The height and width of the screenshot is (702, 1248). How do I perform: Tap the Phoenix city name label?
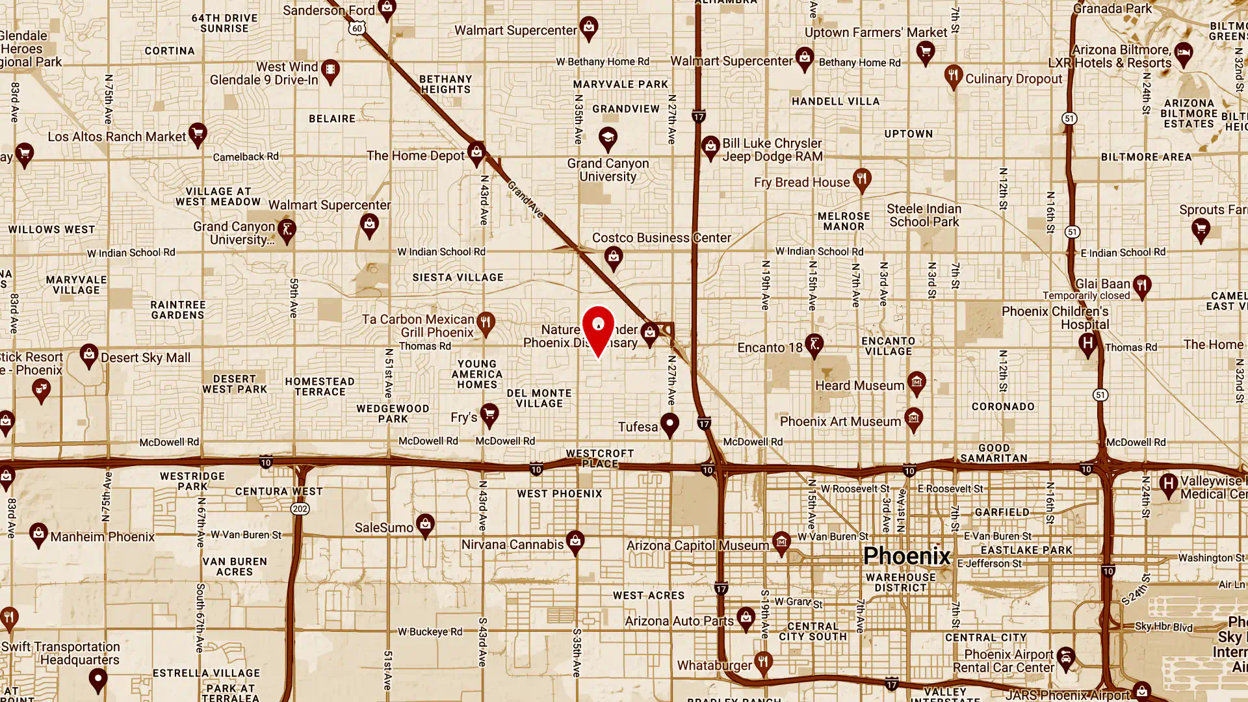907,556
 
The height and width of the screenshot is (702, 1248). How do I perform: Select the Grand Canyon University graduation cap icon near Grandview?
608,138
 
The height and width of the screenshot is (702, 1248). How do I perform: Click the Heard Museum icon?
916,383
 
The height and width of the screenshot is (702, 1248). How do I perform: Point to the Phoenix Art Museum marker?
913,419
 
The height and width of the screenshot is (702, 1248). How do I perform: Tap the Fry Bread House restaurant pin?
862,179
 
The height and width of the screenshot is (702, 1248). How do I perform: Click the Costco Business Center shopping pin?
613,257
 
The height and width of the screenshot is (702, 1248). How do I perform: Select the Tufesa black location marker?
669,424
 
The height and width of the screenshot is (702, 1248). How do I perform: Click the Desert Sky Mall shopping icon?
89,355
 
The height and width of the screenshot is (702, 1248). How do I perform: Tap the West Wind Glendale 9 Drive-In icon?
330,70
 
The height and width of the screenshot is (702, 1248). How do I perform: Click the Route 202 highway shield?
300,509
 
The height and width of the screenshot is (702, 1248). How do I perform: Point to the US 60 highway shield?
356,29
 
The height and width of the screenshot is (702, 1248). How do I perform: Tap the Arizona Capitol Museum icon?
781,542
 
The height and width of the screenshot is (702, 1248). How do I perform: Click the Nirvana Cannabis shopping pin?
575,541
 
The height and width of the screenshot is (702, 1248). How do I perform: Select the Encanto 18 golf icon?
814,344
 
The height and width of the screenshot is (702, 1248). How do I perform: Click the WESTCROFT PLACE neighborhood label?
599,458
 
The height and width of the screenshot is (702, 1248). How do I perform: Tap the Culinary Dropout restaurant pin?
953,76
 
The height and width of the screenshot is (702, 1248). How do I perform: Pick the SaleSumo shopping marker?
425,525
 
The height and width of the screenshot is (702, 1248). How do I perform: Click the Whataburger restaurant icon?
763,662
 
